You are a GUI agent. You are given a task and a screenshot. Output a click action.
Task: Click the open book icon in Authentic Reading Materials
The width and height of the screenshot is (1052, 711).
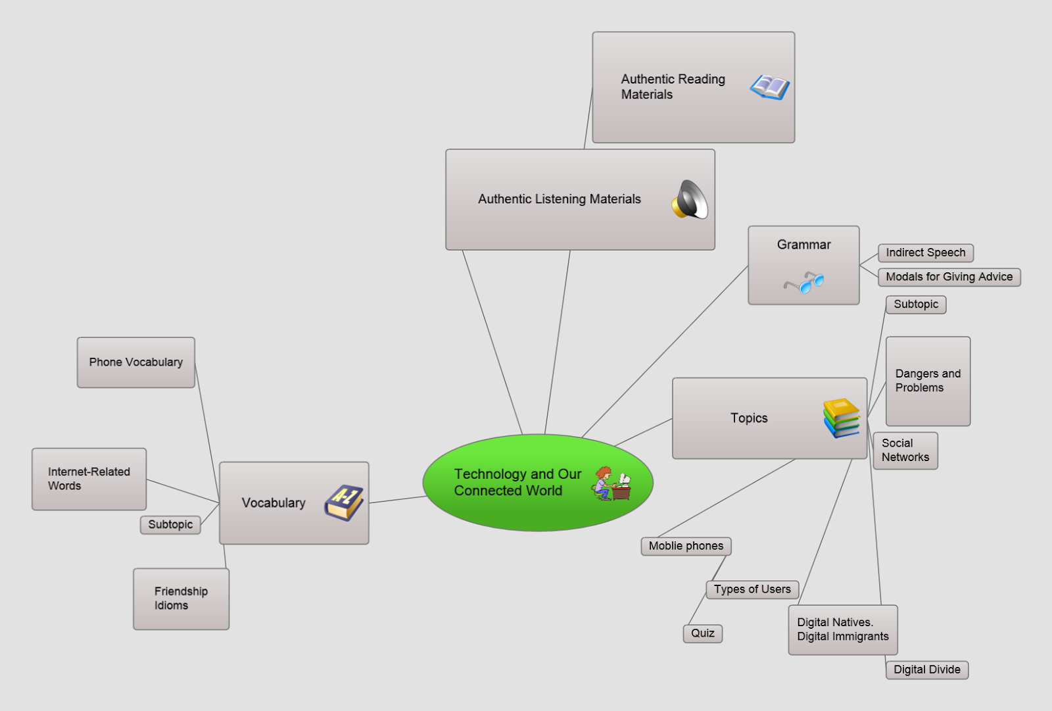coord(770,87)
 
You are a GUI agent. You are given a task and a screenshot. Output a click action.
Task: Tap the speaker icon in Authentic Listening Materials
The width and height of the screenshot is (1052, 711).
coord(690,199)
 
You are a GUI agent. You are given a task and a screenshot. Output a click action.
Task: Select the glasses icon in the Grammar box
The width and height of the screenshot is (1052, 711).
coord(804,282)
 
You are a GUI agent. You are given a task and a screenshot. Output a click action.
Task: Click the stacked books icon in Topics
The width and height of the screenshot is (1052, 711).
coord(842,418)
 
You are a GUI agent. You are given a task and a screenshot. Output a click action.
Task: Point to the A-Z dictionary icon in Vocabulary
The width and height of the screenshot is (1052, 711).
coord(344,503)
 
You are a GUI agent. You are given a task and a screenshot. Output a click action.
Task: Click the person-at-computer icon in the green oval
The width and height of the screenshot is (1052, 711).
coord(611,483)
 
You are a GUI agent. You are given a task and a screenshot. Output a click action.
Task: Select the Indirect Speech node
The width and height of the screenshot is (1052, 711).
coord(926,253)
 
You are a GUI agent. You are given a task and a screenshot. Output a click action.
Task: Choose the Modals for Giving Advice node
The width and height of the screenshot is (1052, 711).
coord(949,277)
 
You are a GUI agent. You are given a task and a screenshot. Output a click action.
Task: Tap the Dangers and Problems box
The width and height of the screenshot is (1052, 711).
coord(928,381)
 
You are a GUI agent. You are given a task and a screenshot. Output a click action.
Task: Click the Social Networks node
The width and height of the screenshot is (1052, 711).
coord(905,450)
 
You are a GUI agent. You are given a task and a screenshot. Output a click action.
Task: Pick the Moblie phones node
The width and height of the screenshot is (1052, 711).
coord(686,546)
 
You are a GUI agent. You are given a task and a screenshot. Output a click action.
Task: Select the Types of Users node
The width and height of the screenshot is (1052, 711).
coord(752,589)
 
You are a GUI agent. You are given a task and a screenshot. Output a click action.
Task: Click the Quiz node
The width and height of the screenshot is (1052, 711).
coord(703,633)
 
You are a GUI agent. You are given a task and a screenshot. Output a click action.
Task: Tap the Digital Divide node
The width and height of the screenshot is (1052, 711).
coord(927,670)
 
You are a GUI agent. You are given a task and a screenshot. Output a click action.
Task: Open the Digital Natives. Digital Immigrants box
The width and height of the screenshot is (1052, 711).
coord(843,629)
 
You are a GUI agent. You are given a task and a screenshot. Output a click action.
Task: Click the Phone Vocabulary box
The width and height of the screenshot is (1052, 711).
coord(136,362)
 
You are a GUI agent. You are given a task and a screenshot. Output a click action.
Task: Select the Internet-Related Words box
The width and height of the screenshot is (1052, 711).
coord(89,479)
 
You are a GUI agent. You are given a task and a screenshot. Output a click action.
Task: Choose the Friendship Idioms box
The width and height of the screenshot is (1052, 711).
coord(181,599)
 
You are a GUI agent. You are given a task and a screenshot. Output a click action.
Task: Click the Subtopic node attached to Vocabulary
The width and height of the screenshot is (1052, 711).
coord(170,525)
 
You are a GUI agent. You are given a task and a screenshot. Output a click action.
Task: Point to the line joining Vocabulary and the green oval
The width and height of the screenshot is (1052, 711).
coord(397,499)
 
